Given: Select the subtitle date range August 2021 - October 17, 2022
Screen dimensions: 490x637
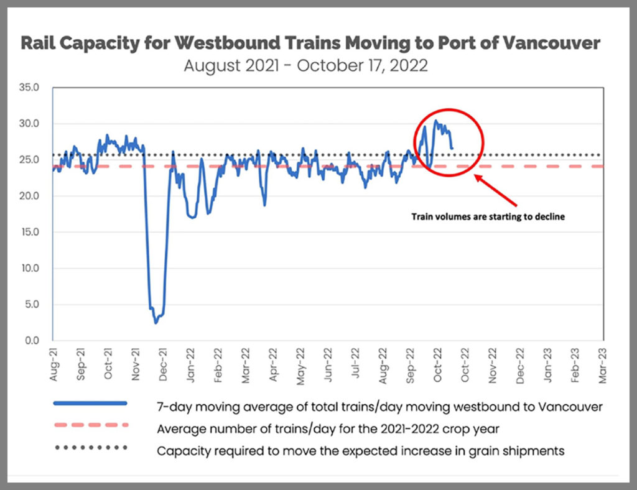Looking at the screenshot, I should coord(305,65).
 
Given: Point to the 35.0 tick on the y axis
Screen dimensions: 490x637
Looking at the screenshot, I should coord(30,88).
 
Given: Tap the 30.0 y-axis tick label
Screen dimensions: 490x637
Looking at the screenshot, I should coord(30,124).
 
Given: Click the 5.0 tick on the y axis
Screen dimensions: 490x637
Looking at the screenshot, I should coord(32,305).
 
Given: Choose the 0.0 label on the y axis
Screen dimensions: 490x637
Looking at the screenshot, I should coord(32,341).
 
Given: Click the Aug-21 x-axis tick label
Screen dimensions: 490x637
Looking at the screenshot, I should coord(55,363).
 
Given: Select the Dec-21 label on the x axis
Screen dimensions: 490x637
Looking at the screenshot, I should coord(163,363).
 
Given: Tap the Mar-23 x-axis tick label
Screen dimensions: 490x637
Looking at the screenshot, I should coord(602,363).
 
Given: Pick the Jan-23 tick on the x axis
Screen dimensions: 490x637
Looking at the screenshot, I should coord(547,363).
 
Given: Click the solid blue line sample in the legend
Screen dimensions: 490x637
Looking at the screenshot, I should coord(90,404).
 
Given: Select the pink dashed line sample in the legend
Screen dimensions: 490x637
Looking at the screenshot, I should coord(90,425).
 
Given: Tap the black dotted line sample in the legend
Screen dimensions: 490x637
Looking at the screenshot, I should coord(90,447).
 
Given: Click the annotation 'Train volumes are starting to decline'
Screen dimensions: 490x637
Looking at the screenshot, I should coord(488,217).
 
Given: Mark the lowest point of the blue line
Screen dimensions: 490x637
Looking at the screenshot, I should coord(156,322).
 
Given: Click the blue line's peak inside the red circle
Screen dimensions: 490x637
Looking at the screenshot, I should coord(435,121).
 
